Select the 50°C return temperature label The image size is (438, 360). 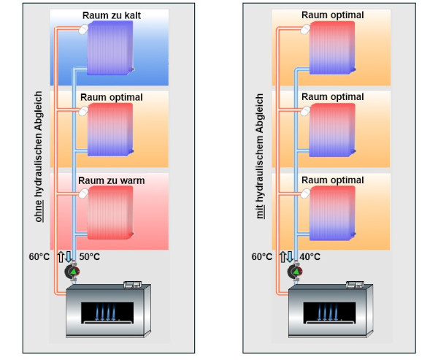pyautogui.click(x=90, y=257)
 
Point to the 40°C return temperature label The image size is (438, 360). pyautogui.click(x=310, y=257)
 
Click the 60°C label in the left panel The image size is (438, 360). pyautogui.click(x=39, y=257)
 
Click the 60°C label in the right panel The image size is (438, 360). pyautogui.click(x=261, y=257)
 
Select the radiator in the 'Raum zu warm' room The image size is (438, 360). pyautogui.click(x=110, y=212)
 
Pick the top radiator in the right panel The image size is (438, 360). pyautogui.click(x=332, y=47)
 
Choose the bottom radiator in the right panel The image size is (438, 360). pyautogui.click(x=332, y=212)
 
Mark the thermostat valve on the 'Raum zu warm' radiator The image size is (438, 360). pyautogui.click(x=83, y=194)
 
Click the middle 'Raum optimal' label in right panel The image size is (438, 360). pyautogui.click(x=332, y=97)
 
